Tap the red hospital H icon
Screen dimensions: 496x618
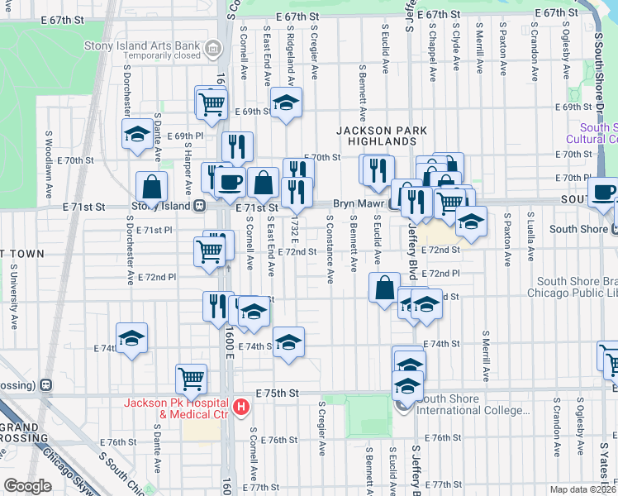pos(240,407)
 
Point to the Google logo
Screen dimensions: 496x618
pos(27,486)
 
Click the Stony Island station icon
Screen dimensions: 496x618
pos(199,207)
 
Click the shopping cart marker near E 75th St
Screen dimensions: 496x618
pos(191,379)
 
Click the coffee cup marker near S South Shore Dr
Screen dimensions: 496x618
pos(602,192)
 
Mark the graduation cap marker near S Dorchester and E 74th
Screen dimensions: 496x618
pos(131,338)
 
